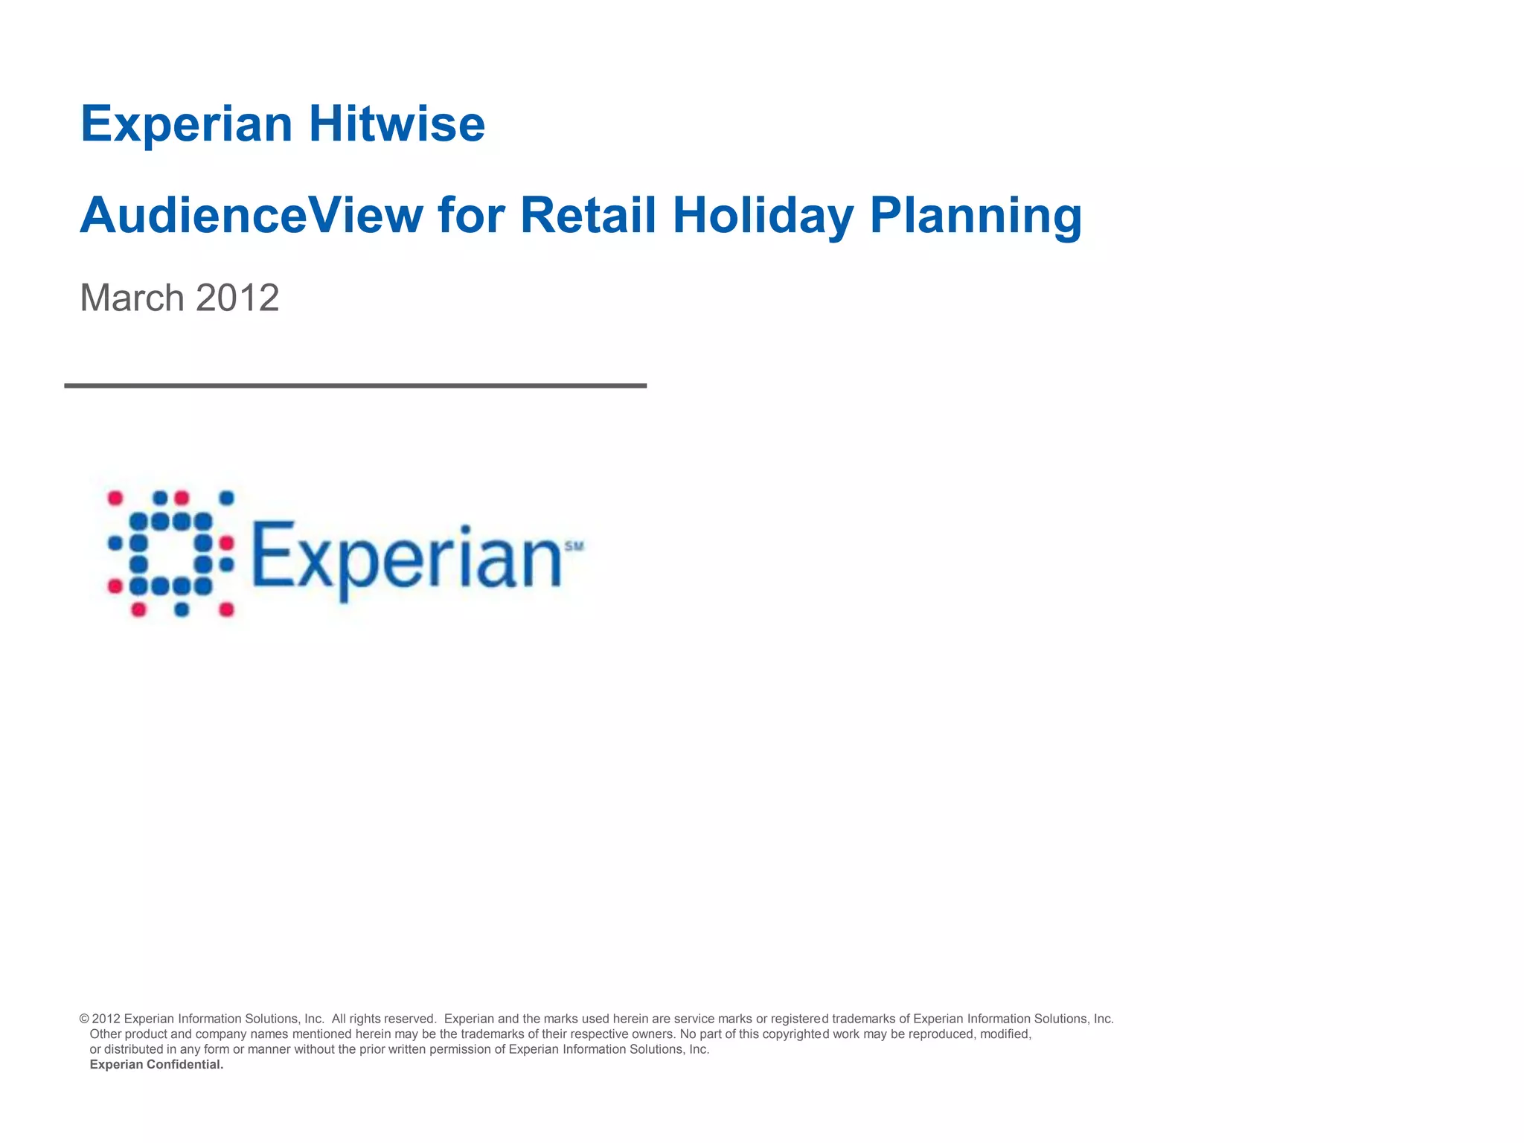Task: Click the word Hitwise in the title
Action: pyautogui.click(x=397, y=124)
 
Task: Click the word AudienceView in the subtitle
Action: pyautogui.click(x=251, y=216)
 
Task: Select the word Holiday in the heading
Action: pyautogui.click(x=762, y=216)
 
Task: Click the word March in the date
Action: pyautogui.click(x=132, y=298)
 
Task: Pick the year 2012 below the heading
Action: pyautogui.click(x=237, y=298)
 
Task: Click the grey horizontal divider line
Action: pyautogui.click(x=355, y=385)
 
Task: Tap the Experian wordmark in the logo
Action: pyautogui.click(x=406, y=557)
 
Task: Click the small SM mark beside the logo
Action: pyautogui.click(x=574, y=546)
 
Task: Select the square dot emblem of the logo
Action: pyautogui.click(x=171, y=554)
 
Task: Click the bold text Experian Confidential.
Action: pyautogui.click(x=156, y=1065)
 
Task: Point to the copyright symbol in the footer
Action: pyautogui.click(x=84, y=1019)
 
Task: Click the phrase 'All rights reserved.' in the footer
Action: pyautogui.click(x=383, y=1019)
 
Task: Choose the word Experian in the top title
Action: pyautogui.click(x=186, y=124)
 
